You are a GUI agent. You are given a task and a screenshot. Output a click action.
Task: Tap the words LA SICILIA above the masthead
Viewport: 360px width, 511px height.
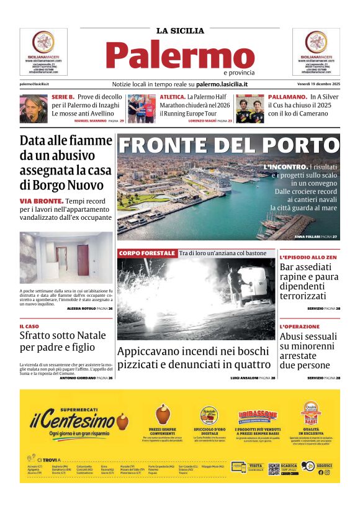[x=180, y=30]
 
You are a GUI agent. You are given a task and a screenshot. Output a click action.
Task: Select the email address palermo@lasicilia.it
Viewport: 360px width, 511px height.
[x=34, y=84]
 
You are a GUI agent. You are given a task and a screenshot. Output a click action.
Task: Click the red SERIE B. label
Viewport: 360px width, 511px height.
[x=63, y=97]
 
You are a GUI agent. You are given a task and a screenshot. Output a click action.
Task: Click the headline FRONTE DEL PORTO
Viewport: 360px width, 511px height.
[x=228, y=145]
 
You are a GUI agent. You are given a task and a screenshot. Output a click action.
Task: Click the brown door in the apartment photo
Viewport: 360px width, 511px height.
[x=83, y=260]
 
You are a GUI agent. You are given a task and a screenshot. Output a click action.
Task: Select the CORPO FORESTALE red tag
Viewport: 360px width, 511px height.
[x=147, y=253]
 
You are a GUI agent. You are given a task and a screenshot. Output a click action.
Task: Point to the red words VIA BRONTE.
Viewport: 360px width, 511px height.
[x=41, y=201]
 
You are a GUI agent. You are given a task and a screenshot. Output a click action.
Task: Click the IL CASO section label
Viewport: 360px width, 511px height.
[x=29, y=326]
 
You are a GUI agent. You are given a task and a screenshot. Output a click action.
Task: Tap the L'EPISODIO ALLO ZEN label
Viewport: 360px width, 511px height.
[x=308, y=257]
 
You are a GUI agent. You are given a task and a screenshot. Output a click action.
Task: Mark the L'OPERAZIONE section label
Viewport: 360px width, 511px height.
[x=300, y=327]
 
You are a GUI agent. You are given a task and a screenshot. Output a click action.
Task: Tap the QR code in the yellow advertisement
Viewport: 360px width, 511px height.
[x=273, y=469]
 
